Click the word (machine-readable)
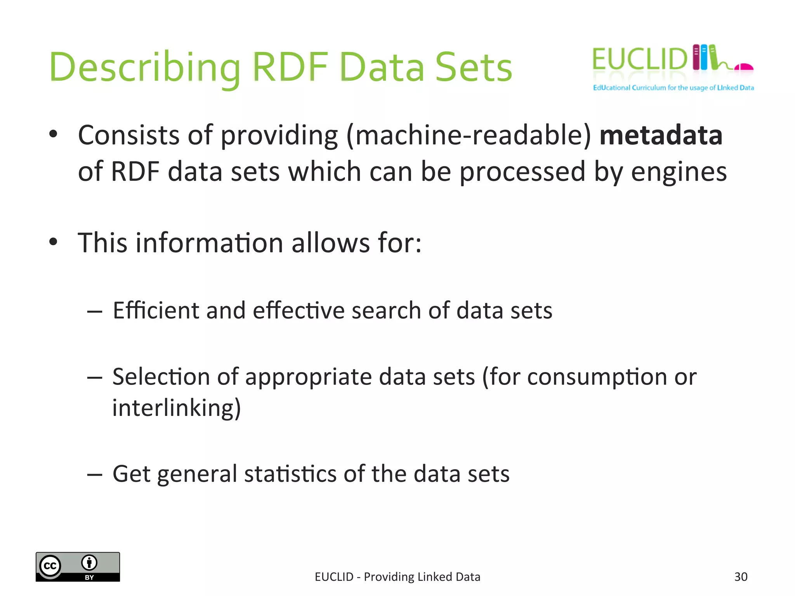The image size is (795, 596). coord(469,136)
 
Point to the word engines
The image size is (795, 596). coord(679,172)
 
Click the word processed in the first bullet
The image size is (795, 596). coord(522,172)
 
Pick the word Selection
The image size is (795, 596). coord(161,377)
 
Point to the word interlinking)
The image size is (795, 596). coord(177,408)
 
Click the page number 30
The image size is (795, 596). coord(741,577)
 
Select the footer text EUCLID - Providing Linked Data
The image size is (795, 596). coord(397,577)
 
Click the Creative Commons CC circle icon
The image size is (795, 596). coord(50,566)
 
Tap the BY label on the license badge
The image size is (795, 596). coord(89,577)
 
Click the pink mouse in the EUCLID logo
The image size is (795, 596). coord(744,68)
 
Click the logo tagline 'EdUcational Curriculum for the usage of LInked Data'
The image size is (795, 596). coord(673,88)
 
